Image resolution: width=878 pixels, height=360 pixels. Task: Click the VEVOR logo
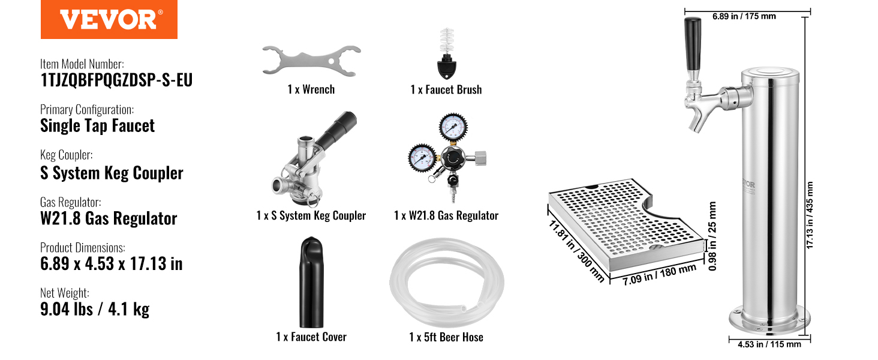pos(109,19)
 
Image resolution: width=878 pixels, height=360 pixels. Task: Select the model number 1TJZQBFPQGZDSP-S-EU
pos(116,80)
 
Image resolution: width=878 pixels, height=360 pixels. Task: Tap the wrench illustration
pos(312,61)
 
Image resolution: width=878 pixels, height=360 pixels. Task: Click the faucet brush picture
pos(447,53)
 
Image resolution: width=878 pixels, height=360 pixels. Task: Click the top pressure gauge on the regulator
pos(453,127)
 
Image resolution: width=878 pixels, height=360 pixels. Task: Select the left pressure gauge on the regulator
pos(422,158)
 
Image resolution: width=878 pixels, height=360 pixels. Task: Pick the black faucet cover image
pos(312,282)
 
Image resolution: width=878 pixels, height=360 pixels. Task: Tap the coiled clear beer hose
pos(447,283)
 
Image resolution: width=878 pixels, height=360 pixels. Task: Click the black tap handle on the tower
pos(693,44)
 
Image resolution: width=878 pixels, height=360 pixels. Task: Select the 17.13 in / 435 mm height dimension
pos(810,215)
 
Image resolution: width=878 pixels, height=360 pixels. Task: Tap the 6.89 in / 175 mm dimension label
pos(744,16)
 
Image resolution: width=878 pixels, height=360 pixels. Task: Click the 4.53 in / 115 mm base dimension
pos(769,344)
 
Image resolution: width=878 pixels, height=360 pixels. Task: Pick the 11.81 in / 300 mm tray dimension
pos(576,251)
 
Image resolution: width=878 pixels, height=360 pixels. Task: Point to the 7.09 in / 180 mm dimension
pos(660,274)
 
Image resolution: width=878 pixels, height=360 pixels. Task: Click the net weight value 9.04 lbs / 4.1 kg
pos(95,309)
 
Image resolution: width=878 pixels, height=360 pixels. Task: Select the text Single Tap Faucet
pos(97,126)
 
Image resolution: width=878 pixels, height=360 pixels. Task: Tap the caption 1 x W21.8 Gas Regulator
pos(446,215)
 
